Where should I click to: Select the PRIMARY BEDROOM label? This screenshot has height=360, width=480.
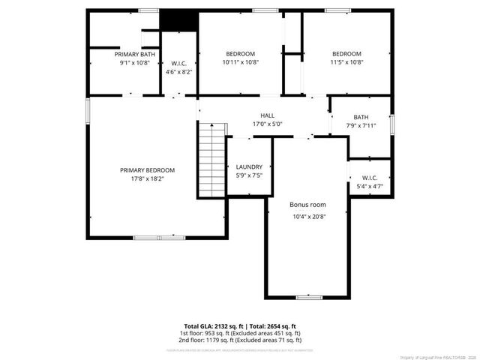pyautogui.click(x=147, y=170)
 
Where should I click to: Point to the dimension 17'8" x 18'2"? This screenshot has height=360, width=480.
pyautogui.click(x=147, y=179)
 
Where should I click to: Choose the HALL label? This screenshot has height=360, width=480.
pyautogui.click(x=267, y=115)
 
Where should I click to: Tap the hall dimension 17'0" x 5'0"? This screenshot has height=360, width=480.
pyautogui.click(x=267, y=124)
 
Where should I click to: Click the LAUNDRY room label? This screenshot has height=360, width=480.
pyautogui.click(x=249, y=166)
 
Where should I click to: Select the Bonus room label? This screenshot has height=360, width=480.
pyautogui.click(x=308, y=204)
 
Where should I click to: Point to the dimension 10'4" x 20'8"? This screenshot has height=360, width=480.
pyautogui.click(x=308, y=217)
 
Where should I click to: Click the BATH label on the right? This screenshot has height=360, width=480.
pyautogui.click(x=361, y=117)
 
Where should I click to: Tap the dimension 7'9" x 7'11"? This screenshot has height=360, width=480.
pyautogui.click(x=361, y=125)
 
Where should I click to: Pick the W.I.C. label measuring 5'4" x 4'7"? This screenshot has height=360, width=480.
pyautogui.click(x=369, y=178)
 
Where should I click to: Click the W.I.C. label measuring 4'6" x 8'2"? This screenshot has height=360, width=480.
pyautogui.click(x=179, y=63)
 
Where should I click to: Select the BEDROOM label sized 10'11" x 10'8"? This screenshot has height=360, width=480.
pyautogui.click(x=240, y=54)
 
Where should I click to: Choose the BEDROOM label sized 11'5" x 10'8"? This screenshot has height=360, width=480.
pyautogui.click(x=346, y=54)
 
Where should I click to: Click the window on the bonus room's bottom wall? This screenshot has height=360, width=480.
pyautogui.click(x=308, y=297)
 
